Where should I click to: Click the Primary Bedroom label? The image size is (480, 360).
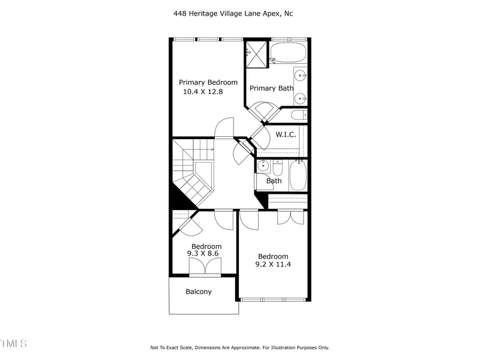click(x=208, y=82)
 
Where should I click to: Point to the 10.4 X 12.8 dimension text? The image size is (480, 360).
click(x=202, y=92)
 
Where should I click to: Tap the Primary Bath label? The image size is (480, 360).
click(x=271, y=88)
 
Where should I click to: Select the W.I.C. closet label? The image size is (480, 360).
click(x=286, y=134)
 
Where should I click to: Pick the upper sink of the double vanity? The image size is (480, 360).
click(x=300, y=76)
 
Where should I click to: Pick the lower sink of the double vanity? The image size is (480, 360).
click(x=300, y=97)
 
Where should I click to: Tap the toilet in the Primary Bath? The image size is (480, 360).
click(x=298, y=114)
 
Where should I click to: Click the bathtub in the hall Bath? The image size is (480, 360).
click(x=298, y=176)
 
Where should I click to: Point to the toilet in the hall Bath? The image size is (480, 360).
click(x=278, y=165)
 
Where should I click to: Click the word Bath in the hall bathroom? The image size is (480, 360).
click(x=274, y=181)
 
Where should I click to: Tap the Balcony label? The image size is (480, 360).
click(x=198, y=292)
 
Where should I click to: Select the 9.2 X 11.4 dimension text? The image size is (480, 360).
click(x=273, y=264)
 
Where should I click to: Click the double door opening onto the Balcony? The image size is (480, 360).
click(x=205, y=268)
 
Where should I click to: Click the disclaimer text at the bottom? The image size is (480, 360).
click(x=239, y=347)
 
